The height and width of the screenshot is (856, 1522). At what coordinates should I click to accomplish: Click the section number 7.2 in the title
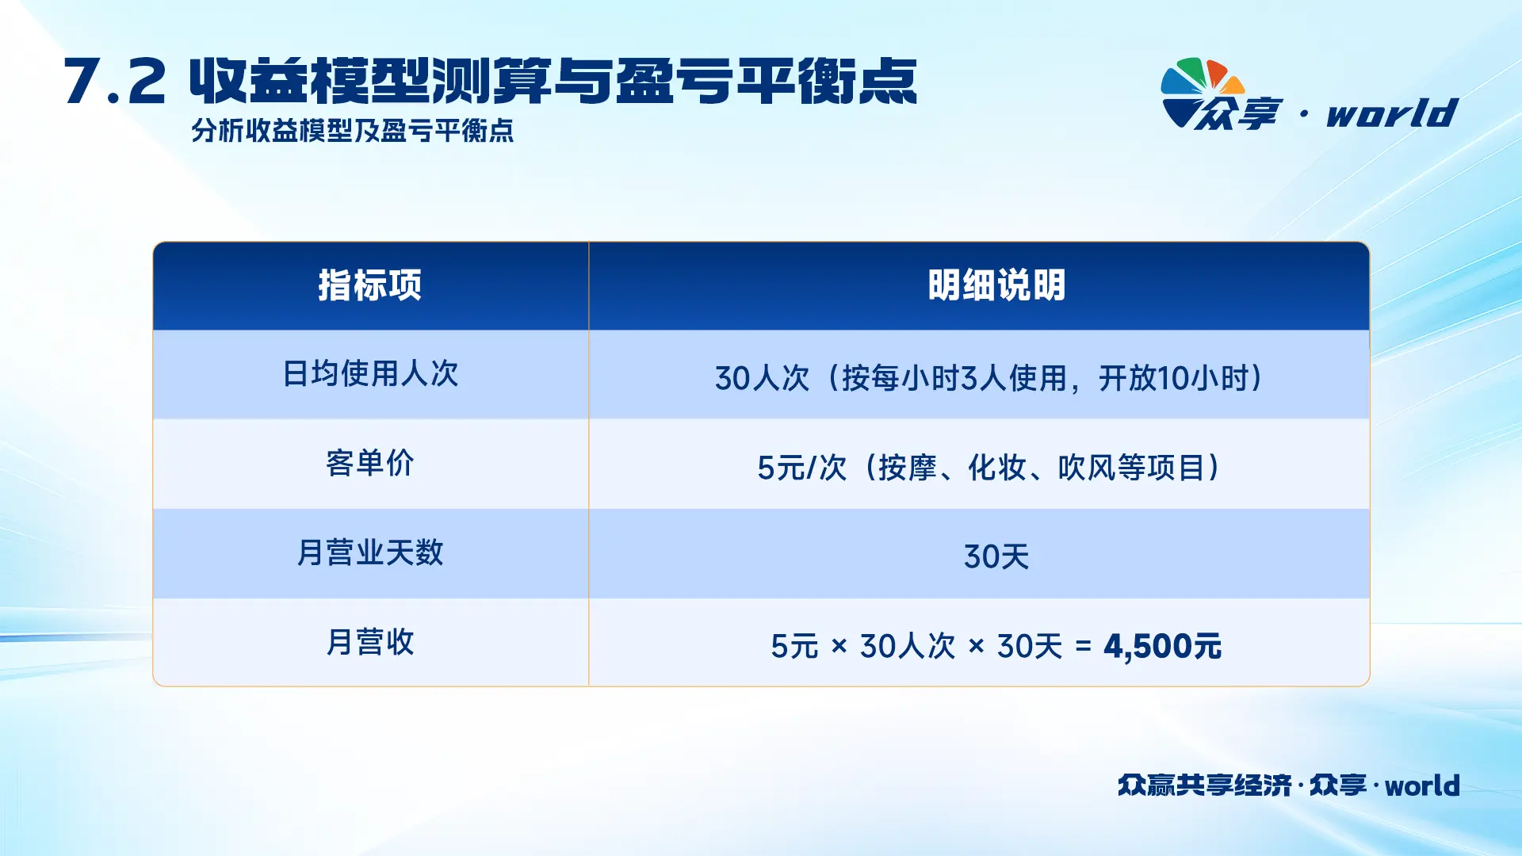point(115,82)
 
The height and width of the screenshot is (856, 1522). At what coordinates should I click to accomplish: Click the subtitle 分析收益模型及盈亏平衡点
point(353,131)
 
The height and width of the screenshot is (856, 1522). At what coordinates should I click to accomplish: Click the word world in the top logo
point(1393,113)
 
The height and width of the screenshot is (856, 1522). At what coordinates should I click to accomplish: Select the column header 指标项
point(370,285)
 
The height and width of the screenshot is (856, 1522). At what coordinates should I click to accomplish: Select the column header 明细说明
point(996,285)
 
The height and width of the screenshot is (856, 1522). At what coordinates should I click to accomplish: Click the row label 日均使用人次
point(370,374)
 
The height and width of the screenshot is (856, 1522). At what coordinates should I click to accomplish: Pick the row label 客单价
point(370,464)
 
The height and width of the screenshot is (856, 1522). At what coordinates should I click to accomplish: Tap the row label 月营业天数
point(370,552)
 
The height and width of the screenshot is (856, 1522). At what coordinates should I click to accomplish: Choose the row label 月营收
point(370,642)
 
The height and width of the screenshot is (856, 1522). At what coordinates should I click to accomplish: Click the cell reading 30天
point(996,557)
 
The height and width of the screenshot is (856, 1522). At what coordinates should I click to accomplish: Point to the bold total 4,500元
point(1163,647)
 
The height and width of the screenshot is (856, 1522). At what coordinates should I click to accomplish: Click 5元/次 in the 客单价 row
point(802,468)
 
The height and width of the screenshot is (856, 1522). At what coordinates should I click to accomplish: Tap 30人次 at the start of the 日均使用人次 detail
point(762,378)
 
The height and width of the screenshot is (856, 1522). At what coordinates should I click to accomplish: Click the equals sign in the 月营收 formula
point(1084,648)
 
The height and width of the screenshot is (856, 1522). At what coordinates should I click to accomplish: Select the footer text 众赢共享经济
point(1205,785)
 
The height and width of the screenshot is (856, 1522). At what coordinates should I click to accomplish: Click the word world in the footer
point(1422,785)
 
